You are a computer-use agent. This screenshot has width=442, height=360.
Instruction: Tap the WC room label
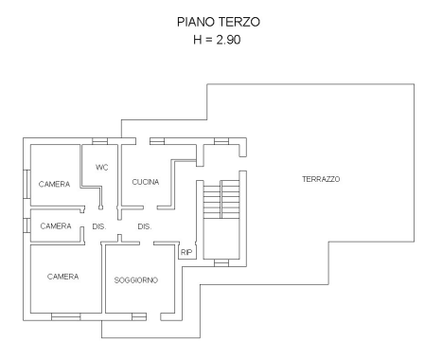click(x=103, y=167)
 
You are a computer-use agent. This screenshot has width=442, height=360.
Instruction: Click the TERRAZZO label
click(x=321, y=179)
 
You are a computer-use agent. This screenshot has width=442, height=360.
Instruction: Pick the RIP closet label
click(x=186, y=253)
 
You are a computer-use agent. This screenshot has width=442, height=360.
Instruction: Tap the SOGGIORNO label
click(x=135, y=280)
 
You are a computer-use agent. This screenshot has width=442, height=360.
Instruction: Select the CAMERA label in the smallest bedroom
click(x=55, y=226)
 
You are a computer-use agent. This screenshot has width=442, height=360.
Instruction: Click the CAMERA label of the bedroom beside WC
click(x=54, y=184)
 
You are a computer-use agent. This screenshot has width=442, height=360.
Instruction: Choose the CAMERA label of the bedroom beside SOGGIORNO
click(x=62, y=277)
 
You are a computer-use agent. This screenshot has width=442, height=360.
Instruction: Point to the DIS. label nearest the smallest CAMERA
click(x=98, y=226)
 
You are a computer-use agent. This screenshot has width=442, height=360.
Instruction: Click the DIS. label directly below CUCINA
click(x=145, y=226)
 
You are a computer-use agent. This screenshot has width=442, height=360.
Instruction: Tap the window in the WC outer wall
click(x=99, y=142)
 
